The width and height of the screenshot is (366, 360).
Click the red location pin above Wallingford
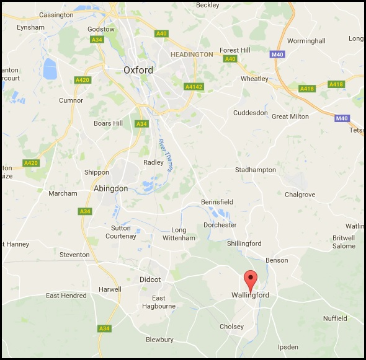point(250,280)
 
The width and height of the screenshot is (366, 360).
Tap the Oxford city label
point(138,70)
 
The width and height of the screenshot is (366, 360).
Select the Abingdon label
point(110,188)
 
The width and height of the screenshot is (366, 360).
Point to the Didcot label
point(150,279)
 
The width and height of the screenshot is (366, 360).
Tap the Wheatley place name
point(254,79)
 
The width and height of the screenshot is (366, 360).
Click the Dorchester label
point(220,225)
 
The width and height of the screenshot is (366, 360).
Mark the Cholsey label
point(231,327)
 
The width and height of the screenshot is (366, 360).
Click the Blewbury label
point(159,340)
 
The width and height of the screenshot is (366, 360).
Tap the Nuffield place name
point(336,318)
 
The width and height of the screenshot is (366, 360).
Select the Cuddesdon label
point(251,113)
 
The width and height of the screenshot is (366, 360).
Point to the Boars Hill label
point(108,123)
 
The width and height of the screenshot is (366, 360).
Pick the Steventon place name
point(74,255)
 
